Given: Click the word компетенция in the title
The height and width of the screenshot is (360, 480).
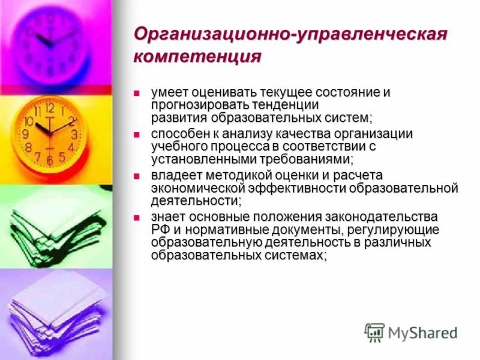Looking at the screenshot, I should pyautogui.click(x=197, y=56).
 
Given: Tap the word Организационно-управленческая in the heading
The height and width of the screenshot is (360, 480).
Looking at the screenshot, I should pyautogui.click(x=290, y=34).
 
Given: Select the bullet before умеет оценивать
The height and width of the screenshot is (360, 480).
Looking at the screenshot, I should pyautogui.click(x=137, y=93).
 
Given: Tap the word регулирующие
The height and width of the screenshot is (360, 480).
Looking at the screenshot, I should pyautogui.click(x=395, y=230).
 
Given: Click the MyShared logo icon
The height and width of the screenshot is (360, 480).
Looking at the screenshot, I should pyautogui.click(x=374, y=332).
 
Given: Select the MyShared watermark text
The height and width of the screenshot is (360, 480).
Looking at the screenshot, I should pyautogui.click(x=422, y=332).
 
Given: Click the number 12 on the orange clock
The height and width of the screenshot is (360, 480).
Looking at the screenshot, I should pyautogui.click(x=49, y=109).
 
